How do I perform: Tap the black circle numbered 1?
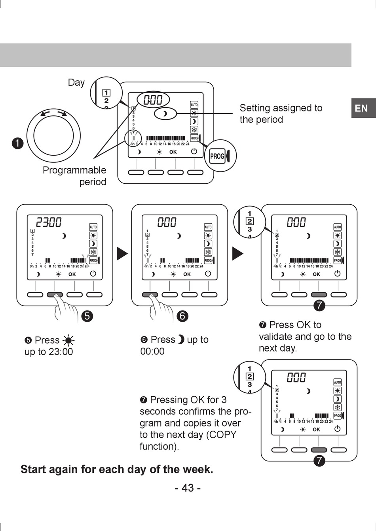pyautogui.click(x=18, y=143)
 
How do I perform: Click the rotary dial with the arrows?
pyautogui.click(x=53, y=136)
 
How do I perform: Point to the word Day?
pyautogui.click(x=76, y=83)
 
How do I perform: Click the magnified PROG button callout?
pyautogui.click(x=221, y=156)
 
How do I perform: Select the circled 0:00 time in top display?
pyautogui.click(x=153, y=100)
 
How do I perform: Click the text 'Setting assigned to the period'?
pyautogui.click(x=281, y=113)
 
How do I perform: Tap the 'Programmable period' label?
pyautogui.click(x=75, y=176)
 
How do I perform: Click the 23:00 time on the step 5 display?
pyautogui.click(x=49, y=222)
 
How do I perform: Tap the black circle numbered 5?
pyautogui.click(x=87, y=316)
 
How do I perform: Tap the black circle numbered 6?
pyautogui.click(x=182, y=316)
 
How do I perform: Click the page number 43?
pyautogui.click(x=188, y=488)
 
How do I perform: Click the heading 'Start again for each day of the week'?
pyautogui.click(x=117, y=469)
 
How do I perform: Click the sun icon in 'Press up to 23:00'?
pyautogui.click(x=69, y=341)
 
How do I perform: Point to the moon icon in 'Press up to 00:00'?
pyautogui.click(x=181, y=339)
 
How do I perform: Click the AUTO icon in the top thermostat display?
pyautogui.click(x=194, y=105)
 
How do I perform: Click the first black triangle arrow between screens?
pyautogui.click(x=122, y=254)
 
